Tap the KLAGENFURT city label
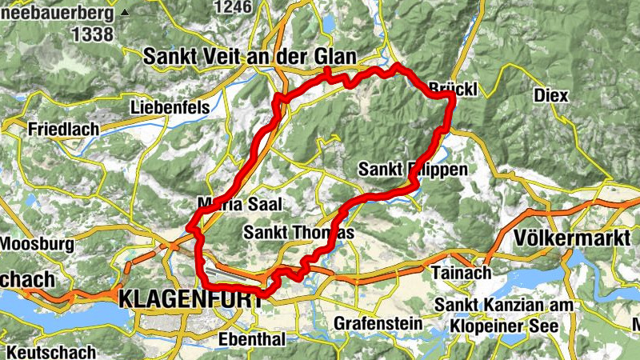pos(190,300)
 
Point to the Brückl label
pos(453,90)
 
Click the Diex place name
pos(550,95)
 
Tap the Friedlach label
pos(62,129)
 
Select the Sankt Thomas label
pos(298,232)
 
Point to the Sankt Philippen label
pos(411,170)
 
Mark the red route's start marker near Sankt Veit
pos(328,73)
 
